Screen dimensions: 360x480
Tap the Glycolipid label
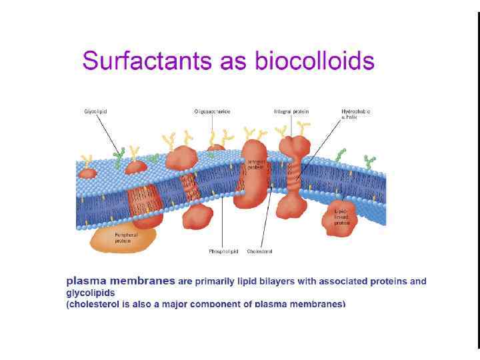95,111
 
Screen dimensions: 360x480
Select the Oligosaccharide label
212,111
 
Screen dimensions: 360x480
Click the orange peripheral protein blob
123,238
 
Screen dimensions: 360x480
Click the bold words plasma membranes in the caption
121,281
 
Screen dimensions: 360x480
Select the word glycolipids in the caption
91,293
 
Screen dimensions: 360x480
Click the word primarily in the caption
215,281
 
